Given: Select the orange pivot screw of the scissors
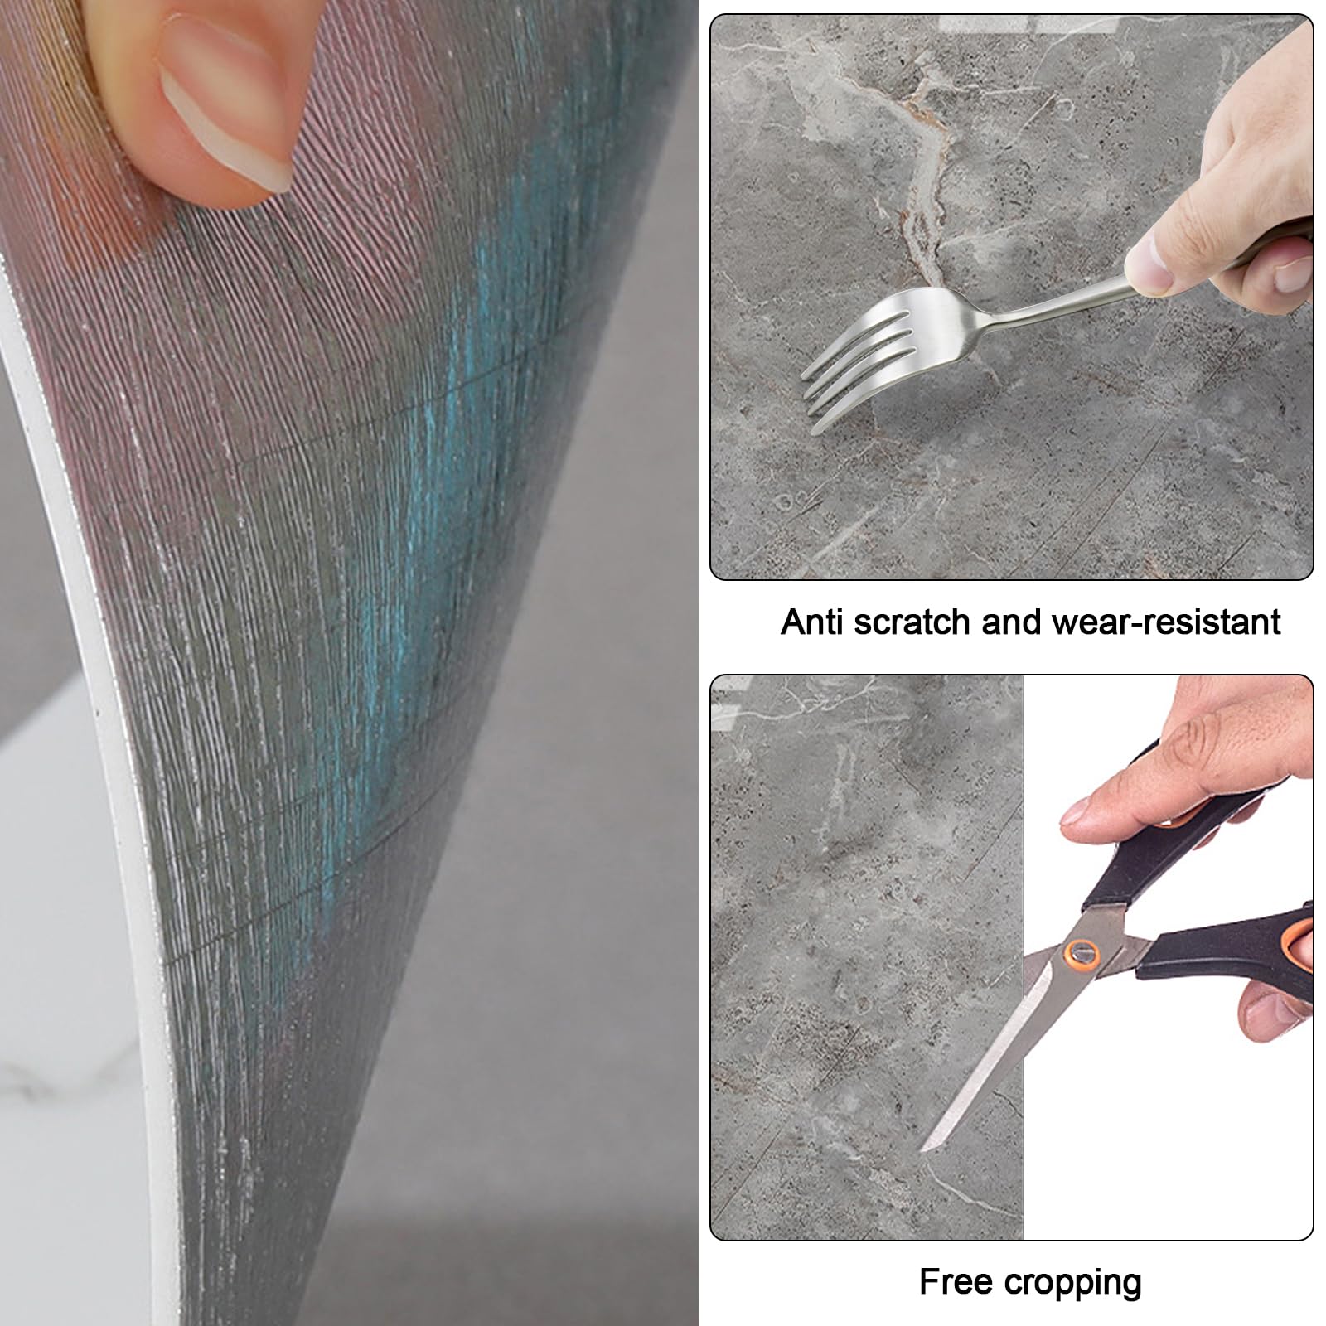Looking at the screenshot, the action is click(1082, 953).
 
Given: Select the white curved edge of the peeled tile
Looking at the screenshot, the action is click(108, 746).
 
